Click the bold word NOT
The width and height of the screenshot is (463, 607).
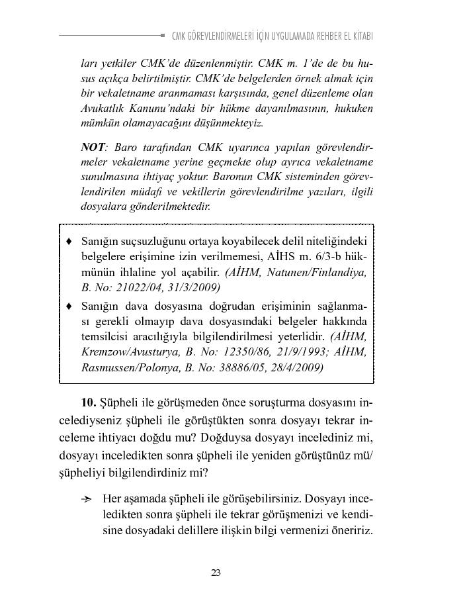pos(93,147)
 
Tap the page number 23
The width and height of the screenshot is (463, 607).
pos(216,573)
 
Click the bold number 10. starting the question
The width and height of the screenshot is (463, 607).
pos(89,402)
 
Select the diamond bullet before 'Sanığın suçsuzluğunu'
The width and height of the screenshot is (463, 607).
pos(69,240)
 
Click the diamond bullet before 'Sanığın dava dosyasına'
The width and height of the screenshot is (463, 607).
pos(69,306)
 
